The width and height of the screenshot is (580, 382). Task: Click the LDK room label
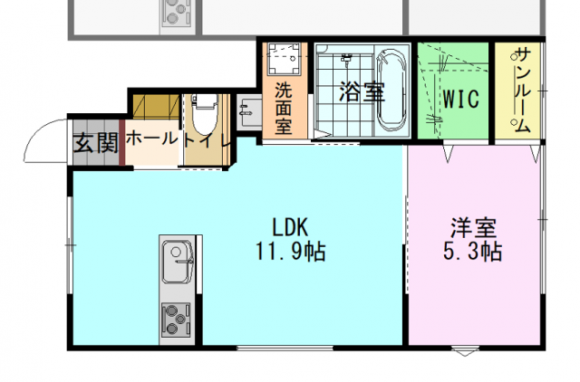tap(290, 227)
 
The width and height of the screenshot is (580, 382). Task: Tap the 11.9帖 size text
tap(291, 252)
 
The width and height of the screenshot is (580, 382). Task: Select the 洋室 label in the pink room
tap(473, 228)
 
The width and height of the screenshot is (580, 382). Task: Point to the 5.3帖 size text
tap(472, 252)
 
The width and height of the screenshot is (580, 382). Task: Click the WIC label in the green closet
tap(461, 99)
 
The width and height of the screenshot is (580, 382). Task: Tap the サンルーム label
tap(523, 90)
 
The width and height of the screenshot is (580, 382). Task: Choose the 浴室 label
tap(362, 91)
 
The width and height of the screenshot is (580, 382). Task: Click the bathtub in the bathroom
tap(391, 91)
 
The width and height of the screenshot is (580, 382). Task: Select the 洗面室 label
tap(284, 109)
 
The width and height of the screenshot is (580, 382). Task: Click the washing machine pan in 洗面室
tap(284, 59)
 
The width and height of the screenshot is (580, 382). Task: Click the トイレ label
tap(207, 140)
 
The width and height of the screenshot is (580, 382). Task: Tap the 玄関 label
tap(96, 143)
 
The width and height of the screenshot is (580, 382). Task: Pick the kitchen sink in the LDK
tap(178, 262)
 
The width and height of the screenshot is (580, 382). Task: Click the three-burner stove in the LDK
tap(176, 320)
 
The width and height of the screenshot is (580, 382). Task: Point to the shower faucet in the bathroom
tap(346, 60)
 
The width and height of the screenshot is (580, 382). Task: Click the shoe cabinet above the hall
tap(157, 107)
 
